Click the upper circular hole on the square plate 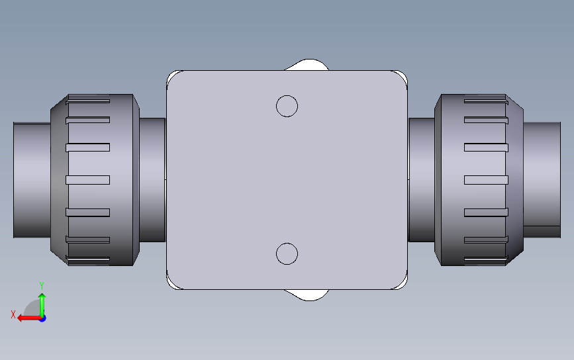(x=287, y=106)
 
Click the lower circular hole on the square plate (x=287, y=253)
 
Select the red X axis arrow (x=29, y=318)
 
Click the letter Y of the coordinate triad (x=42, y=286)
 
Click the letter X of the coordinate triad (x=13, y=314)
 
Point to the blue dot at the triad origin (x=42, y=319)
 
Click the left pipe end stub (x=32, y=180)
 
